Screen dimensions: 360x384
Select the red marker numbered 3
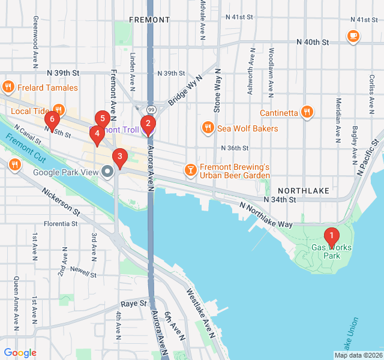coord(120,158)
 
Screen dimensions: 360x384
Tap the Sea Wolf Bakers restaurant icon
coord(208,128)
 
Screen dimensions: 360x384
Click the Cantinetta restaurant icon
coord(307,112)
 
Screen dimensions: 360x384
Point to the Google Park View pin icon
coord(108,172)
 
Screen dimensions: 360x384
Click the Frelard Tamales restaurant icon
coord(8,88)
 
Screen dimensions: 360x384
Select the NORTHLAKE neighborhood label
coord(303,190)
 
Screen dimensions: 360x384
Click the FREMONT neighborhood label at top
coord(149,20)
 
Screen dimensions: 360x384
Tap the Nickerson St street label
coord(61,202)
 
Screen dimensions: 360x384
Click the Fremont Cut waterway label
coord(26,148)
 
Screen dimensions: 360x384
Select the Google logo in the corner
coord(20,353)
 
